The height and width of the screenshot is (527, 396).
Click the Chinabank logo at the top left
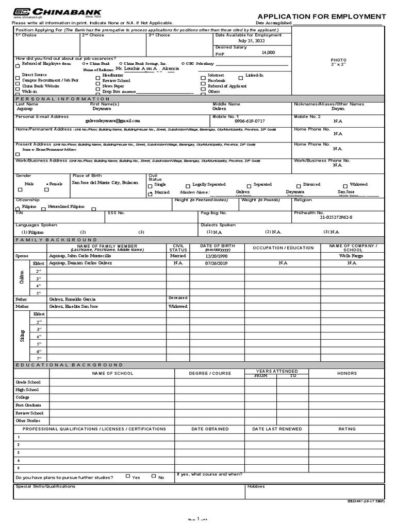pyautogui.click(x=57, y=12)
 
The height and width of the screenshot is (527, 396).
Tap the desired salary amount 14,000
pyautogui.click(x=268, y=52)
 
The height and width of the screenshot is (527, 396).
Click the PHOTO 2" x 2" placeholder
pyautogui.click(x=338, y=62)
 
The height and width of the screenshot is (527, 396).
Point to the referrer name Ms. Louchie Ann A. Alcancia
pyautogui.click(x=147, y=68)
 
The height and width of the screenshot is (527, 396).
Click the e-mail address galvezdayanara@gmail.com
pyautogui.click(x=112, y=120)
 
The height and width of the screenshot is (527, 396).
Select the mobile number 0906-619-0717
pyautogui.click(x=250, y=121)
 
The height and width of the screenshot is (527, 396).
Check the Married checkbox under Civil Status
pyautogui.click(x=151, y=194)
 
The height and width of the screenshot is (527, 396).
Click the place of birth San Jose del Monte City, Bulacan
pyautogui.click(x=105, y=183)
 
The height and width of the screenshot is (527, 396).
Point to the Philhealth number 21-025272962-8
pyautogui.click(x=336, y=217)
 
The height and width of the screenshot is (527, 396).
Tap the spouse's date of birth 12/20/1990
pyautogui.click(x=216, y=255)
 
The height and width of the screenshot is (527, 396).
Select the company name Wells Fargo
pyautogui.click(x=352, y=255)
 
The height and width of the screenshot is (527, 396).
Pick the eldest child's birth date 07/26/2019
pyautogui.click(x=216, y=263)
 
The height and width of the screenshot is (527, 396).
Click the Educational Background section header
pyautogui.click(x=70, y=364)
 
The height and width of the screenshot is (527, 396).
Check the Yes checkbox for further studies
pyautogui.click(x=128, y=476)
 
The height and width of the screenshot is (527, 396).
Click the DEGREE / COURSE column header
pyautogui.click(x=210, y=373)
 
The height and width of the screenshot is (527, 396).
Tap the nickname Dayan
pyautogui.click(x=338, y=109)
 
